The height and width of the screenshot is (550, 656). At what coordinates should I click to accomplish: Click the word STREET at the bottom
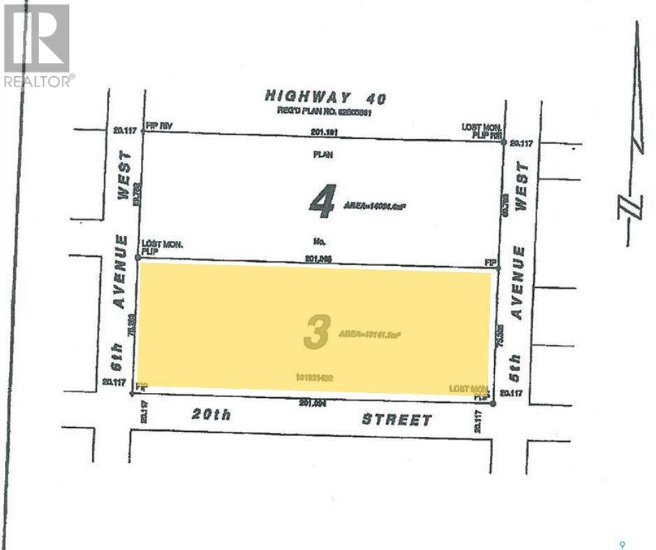396,419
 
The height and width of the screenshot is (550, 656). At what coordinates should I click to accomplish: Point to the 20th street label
211,415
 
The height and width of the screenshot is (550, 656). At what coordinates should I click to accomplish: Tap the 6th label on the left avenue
119,357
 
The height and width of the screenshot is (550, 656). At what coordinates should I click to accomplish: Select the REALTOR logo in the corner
38,46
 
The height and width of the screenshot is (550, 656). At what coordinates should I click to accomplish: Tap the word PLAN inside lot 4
323,155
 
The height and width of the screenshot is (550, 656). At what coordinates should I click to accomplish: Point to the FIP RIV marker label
158,126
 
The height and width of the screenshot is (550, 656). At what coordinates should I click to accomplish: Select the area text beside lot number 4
375,205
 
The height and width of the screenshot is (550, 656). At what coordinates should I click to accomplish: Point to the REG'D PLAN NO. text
322,111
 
